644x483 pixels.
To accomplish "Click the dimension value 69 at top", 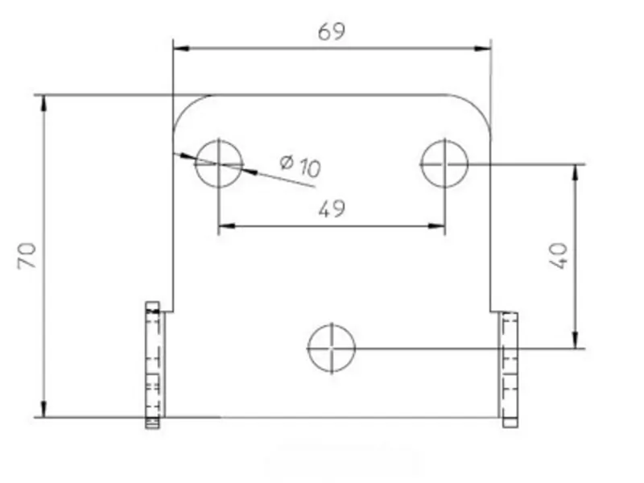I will coord(332,31).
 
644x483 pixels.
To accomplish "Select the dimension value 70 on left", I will coord(27,257).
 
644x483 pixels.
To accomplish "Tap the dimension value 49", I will coord(332,209).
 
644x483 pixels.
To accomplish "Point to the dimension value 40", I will coord(560,256).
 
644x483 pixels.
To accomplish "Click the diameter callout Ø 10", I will coord(300,166).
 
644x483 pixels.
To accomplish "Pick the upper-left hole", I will coord(218,163).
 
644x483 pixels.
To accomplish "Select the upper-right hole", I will coord(444,163).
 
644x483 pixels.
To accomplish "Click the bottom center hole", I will coord(332,349).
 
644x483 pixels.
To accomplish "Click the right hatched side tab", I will coord(509,369).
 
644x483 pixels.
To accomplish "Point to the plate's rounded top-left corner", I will coord(187,108).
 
